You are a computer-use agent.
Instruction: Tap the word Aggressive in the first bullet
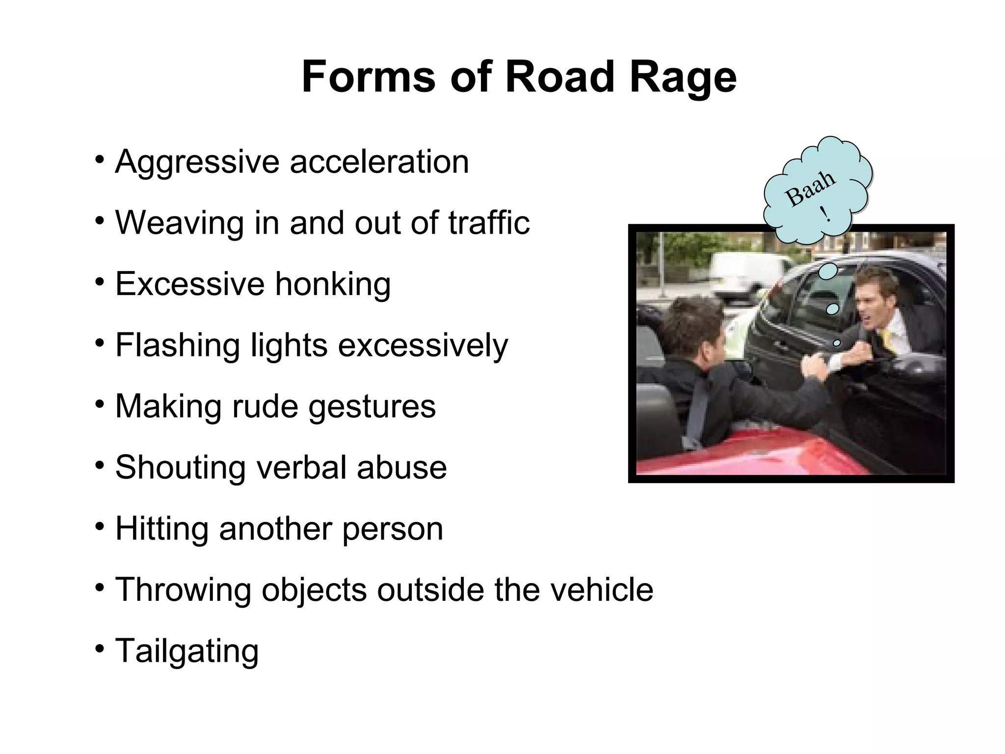click(x=196, y=162)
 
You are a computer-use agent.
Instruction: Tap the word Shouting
click(x=180, y=467)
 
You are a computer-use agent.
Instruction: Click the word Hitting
click(x=161, y=529)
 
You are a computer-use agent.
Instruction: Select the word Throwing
click(x=183, y=590)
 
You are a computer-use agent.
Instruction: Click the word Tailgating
click(x=186, y=651)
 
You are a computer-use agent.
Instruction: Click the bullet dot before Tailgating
click(x=100, y=649)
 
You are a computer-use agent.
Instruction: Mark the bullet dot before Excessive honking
click(x=100, y=282)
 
